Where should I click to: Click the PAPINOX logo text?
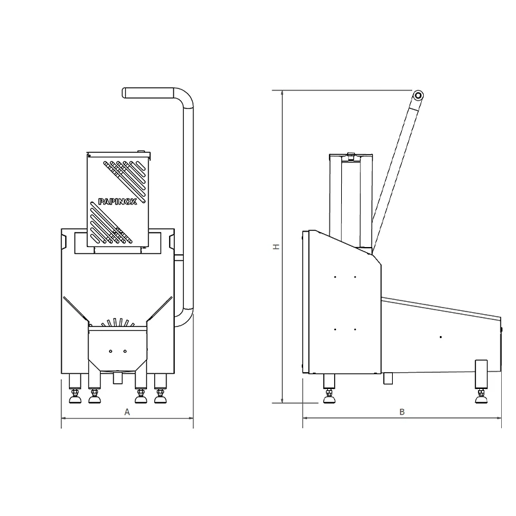(117, 202)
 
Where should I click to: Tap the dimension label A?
(127, 412)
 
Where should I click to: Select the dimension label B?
(402, 412)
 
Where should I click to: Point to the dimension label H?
(277, 246)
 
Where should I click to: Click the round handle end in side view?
(418, 95)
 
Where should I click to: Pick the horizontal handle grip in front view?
(148, 92)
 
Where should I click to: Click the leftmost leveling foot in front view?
(75, 396)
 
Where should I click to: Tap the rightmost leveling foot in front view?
(161, 396)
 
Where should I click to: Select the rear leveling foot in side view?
(481, 396)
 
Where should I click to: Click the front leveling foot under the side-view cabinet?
(329, 396)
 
